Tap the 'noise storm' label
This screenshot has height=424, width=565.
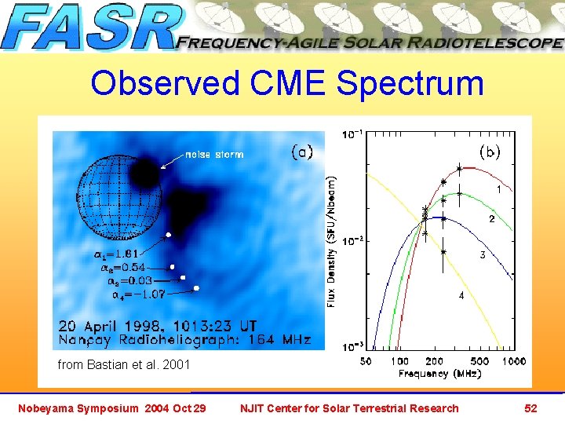214,154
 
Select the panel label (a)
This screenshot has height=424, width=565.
302,152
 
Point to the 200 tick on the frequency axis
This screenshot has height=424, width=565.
434,361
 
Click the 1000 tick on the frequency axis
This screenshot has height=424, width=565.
514,361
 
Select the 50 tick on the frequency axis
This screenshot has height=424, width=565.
365,361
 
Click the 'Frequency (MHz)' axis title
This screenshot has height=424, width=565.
436,374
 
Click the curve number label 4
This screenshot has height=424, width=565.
461,296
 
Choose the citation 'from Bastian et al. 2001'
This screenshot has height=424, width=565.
123,364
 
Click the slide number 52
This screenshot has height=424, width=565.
530,408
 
